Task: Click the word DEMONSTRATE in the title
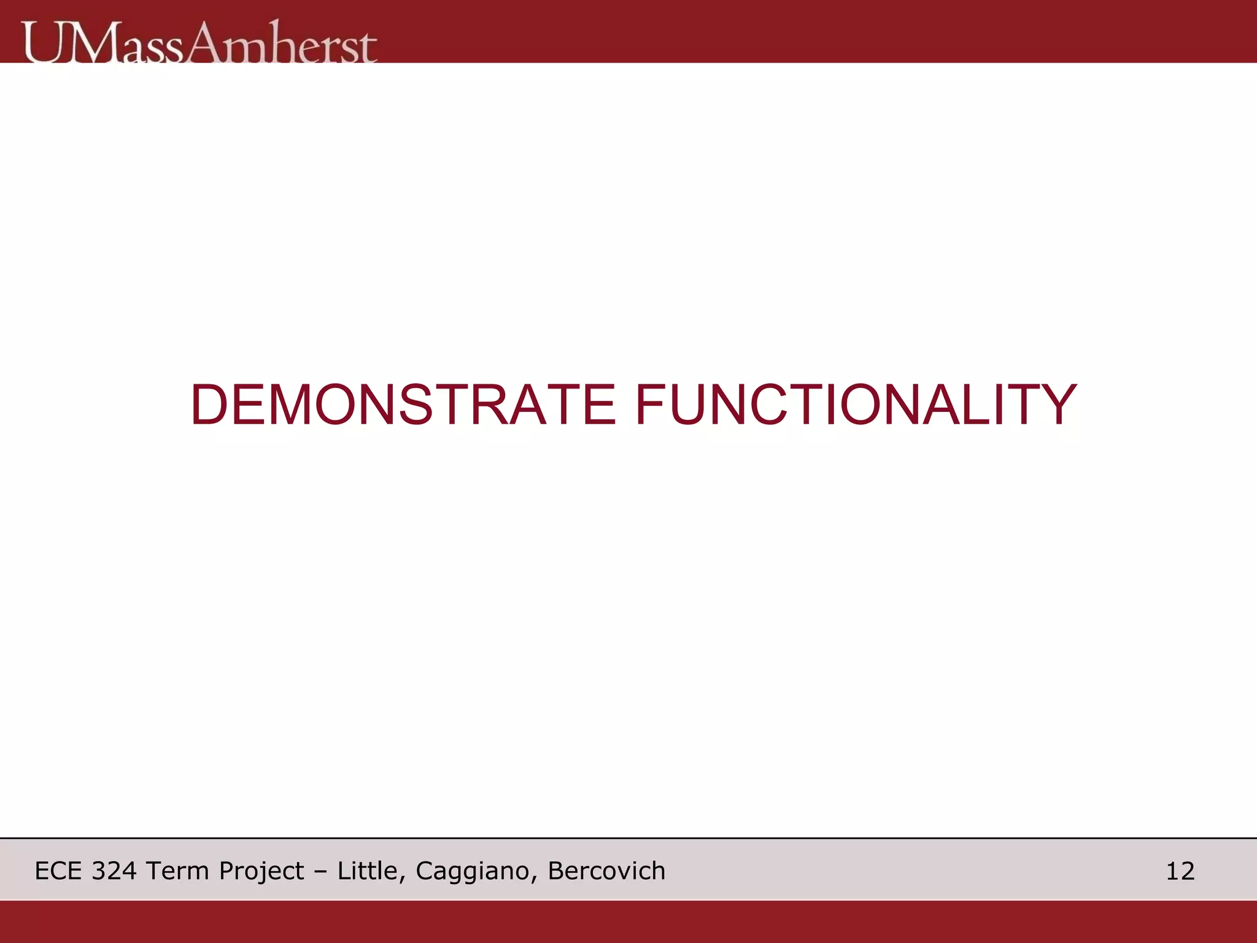403,405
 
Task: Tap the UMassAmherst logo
199,42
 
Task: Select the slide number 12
1180,871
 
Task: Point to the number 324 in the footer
114,871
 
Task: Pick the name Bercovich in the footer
606,871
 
